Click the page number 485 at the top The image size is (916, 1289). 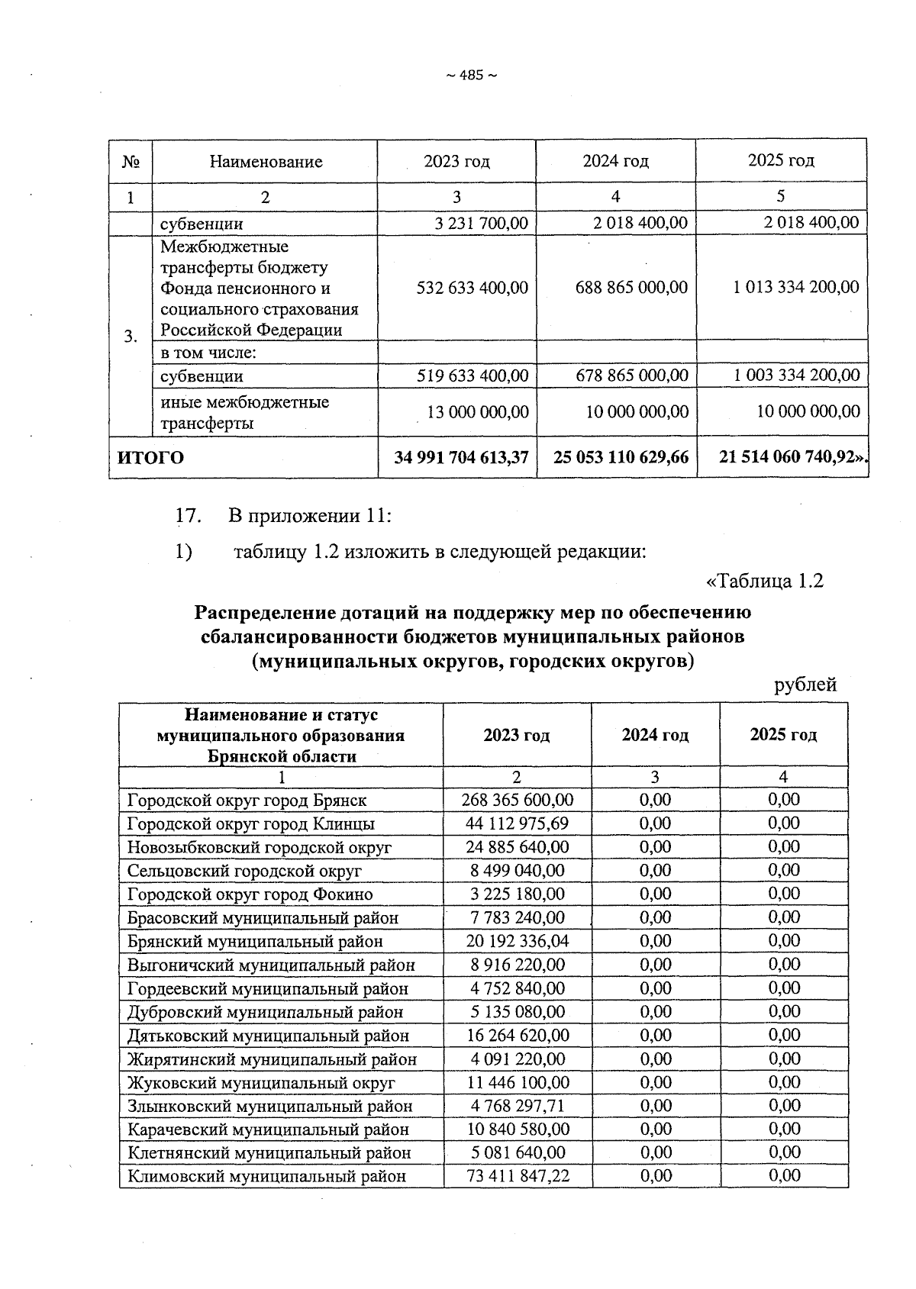[x=471, y=75]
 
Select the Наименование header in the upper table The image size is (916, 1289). [x=266, y=162]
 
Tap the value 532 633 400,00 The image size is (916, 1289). [x=473, y=288]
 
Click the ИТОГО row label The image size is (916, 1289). [x=150, y=458]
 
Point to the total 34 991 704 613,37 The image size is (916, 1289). [x=461, y=457]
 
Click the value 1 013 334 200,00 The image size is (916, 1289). [x=796, y=287]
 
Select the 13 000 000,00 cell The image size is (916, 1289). [x=478, y=412]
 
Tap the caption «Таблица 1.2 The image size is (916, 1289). [x=766, y=581]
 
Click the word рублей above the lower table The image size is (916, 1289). [x=805, y=685]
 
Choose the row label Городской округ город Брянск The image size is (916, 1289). [x=247, y=801]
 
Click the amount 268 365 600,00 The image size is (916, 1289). [x=518, y=800]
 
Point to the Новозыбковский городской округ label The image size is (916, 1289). [x=259, y=847]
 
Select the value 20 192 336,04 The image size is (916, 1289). [x=518, y=941]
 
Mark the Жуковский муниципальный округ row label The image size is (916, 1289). [x=261, y=1083]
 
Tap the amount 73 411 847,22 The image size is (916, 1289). [x=518, y=1176]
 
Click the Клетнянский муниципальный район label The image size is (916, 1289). [x=269, y=1153]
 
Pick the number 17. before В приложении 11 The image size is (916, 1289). [x=189, y=516]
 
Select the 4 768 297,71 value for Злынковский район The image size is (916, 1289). [x=518, y=1106]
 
